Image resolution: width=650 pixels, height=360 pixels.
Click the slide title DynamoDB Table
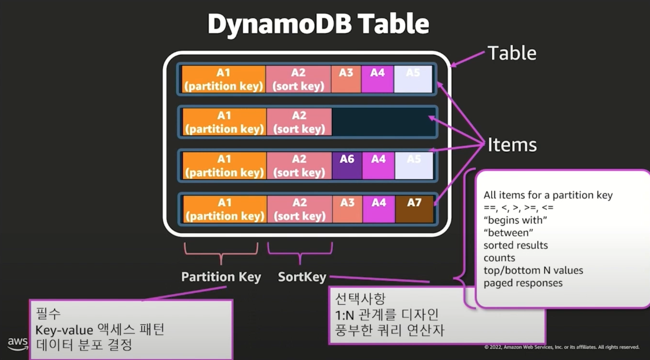[x=318, y=25]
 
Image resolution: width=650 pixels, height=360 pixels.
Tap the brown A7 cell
[x=414, y=209]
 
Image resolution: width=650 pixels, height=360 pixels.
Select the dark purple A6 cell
[x=347, y=165]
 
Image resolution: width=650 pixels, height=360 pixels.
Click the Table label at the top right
[x=512, y=53]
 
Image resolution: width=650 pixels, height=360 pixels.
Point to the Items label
[x=512, y=144]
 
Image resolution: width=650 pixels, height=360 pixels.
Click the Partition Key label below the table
[x=221, y=277]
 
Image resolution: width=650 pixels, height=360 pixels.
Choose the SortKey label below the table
[x=302, y=277]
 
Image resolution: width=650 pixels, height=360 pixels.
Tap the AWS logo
[x=17, y=344]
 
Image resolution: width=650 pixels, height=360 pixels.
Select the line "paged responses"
[x=523, y=283]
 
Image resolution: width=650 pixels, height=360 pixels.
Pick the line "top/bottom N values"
[x=533, y=270]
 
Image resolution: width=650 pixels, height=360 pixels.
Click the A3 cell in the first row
[x=346, y=79]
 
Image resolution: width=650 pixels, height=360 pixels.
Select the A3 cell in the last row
[x=347, y=209]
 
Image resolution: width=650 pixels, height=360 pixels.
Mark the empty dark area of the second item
[x=383, y=122]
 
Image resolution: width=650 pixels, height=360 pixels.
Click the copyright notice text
[x=561, y=347]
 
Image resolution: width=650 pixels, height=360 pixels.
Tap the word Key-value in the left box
[x=64, y=330]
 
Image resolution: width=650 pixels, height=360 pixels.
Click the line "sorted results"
[x=515, y=245]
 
